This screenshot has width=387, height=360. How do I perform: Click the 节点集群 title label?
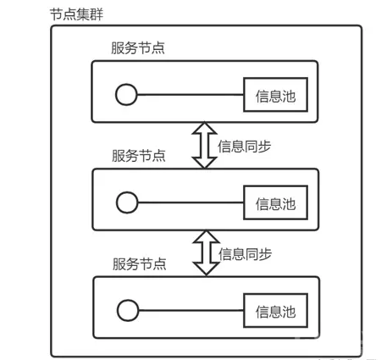click(76, 14)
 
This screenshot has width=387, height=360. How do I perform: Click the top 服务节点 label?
click(138, 47)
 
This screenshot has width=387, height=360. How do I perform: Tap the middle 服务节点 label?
click(139, 156)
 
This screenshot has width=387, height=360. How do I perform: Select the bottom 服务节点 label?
click(140, 263)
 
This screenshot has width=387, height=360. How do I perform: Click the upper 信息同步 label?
click(245, 147)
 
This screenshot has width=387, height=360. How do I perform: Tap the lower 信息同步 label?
click(245, 254)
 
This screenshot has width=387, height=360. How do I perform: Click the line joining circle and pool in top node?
click(191, 95)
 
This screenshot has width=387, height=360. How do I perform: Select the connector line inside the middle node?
click(191, 202)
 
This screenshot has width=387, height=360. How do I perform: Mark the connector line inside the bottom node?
click(191, 310)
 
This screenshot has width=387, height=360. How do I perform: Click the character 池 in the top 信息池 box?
click(289, 97)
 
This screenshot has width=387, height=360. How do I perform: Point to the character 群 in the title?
click(97, 14)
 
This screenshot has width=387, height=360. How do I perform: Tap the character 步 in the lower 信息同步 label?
click(265, 254)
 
